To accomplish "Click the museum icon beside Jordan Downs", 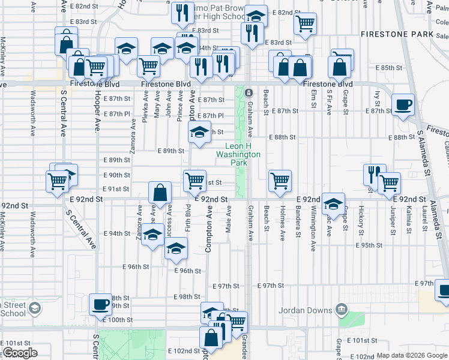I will (x=342, y=310).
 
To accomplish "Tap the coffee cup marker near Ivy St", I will (x=402, y=104).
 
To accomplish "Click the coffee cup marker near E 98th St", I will (x=100, y=304).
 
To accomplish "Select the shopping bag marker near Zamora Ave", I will (x=160, y=193).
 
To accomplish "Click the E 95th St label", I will (x=369, y=245).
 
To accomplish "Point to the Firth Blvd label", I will (x=188, y=218).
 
